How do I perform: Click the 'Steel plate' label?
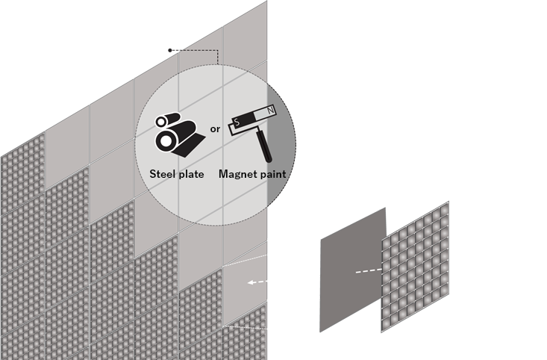click(176, 174)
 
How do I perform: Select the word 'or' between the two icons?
click(215, 129)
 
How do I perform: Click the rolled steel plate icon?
click(176, 134)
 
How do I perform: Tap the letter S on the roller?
click(238, 120)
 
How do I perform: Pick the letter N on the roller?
click(269, 110)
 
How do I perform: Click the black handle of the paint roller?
click(265, 150)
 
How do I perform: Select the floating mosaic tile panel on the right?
click(415, 264)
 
